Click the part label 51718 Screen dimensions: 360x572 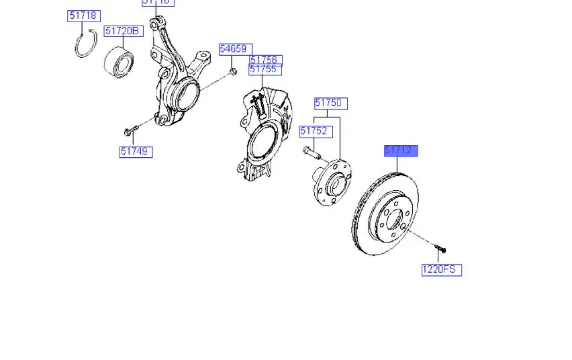[83, 15]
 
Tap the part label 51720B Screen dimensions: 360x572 [122, 32]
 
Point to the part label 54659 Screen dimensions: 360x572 [235, 49]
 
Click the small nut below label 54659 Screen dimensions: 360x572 [232, 71]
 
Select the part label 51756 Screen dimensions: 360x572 [264, 60]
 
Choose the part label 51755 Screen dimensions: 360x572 [264, 69]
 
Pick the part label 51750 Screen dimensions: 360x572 [330, 103]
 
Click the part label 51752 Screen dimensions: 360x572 [314, 132]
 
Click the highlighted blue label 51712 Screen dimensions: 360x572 [401, 150]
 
